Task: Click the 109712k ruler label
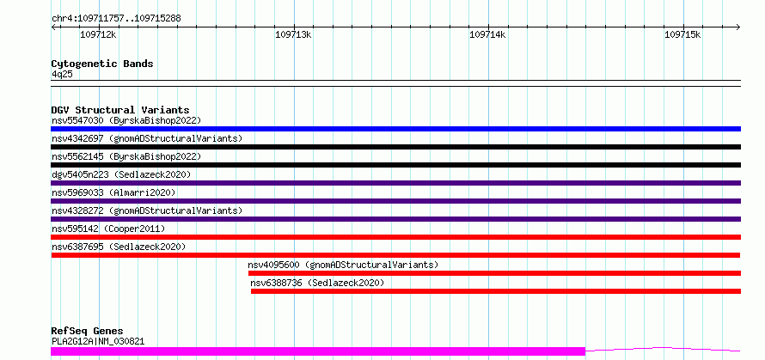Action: point(99,34)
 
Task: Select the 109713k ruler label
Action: point(294,34)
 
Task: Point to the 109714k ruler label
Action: point(488,34)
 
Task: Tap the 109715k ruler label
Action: point(683,34)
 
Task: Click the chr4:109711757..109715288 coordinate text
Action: point(116,19)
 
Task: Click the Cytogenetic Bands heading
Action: point(102,64)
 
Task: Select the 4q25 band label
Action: point(62,75)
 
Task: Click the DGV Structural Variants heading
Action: point(120,110)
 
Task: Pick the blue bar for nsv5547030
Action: point(395,129)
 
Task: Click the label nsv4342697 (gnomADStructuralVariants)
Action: point(147,138)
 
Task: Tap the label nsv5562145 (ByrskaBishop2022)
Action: point(126,156)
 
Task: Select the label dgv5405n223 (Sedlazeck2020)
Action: point(121,174)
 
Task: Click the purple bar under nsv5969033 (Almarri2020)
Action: point(395,201)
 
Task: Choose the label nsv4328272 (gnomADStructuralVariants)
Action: point(147,211)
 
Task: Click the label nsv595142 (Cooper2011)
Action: point(108,229)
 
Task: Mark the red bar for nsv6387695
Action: point(395,255)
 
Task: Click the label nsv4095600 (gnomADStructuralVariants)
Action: point(343,265)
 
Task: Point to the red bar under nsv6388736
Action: point(496,291)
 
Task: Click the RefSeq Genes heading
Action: point(87,332)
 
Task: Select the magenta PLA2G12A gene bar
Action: point(318,351)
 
